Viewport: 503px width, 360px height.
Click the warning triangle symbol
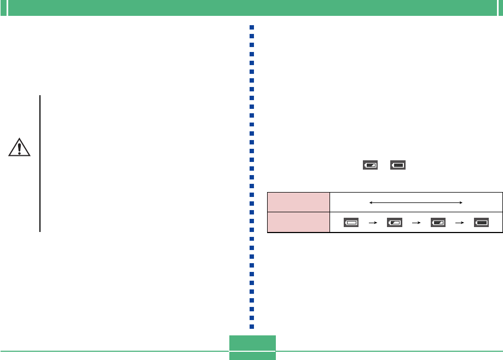tap(20, 148)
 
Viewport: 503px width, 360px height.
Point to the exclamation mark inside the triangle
tap(20, 148)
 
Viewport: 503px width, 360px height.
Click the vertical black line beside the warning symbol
tap(40, 164)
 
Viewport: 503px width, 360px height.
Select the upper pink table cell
tap(298, 202)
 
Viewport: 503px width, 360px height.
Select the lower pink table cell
tap(298, 222)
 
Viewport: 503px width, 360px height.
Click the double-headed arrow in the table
tap(417, 202)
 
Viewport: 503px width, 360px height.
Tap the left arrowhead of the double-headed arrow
tap(372, 202)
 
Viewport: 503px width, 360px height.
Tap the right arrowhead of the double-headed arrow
tap(462, 202)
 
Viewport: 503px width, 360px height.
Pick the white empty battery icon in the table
tap(351, 223)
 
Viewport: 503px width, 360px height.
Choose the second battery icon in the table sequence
tap(394, 223)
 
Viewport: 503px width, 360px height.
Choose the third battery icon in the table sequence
tap(438, 223)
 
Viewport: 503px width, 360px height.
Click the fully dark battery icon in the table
tap(482, 223)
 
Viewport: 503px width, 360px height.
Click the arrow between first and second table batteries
tap(372, 223)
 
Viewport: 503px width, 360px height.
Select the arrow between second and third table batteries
tap(416, 223)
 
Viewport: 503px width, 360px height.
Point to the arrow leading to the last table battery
tap(460, 223)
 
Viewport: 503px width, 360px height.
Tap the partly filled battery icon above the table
tap(370, 164)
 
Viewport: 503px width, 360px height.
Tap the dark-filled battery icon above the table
tap(398, 164)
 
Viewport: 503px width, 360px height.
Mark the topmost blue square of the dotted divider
tap(252, 27)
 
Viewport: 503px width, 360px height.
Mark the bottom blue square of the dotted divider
tap(252, 326)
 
